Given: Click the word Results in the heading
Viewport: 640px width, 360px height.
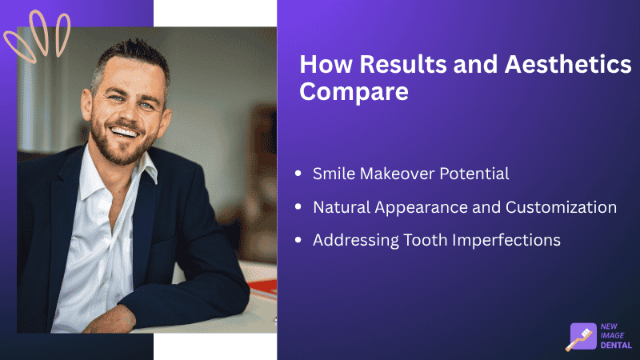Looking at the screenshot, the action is point(403,65).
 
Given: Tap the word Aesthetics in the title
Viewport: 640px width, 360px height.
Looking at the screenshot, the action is point(568,65).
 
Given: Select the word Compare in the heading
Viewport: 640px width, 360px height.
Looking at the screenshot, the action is point(354,91).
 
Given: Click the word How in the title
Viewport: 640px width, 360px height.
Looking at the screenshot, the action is point(326,65).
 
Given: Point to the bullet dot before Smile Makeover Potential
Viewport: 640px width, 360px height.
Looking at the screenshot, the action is point(298,174).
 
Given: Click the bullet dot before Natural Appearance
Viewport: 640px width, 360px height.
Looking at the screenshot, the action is point(298,207).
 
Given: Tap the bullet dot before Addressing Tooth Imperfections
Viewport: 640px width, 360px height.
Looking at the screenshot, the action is point(298,240).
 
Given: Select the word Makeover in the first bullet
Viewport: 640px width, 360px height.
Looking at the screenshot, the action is point(397,174).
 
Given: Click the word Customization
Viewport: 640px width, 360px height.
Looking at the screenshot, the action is point(562,207).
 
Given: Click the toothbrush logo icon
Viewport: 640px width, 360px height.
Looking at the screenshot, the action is point(582,337).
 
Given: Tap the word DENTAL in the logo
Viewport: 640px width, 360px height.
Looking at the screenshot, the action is point(616,345).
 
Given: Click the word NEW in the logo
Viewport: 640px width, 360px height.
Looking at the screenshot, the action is point(609,326).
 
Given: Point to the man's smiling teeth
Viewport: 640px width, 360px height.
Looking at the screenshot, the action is point(124,132).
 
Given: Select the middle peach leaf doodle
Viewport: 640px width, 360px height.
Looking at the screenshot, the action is point(39,33).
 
